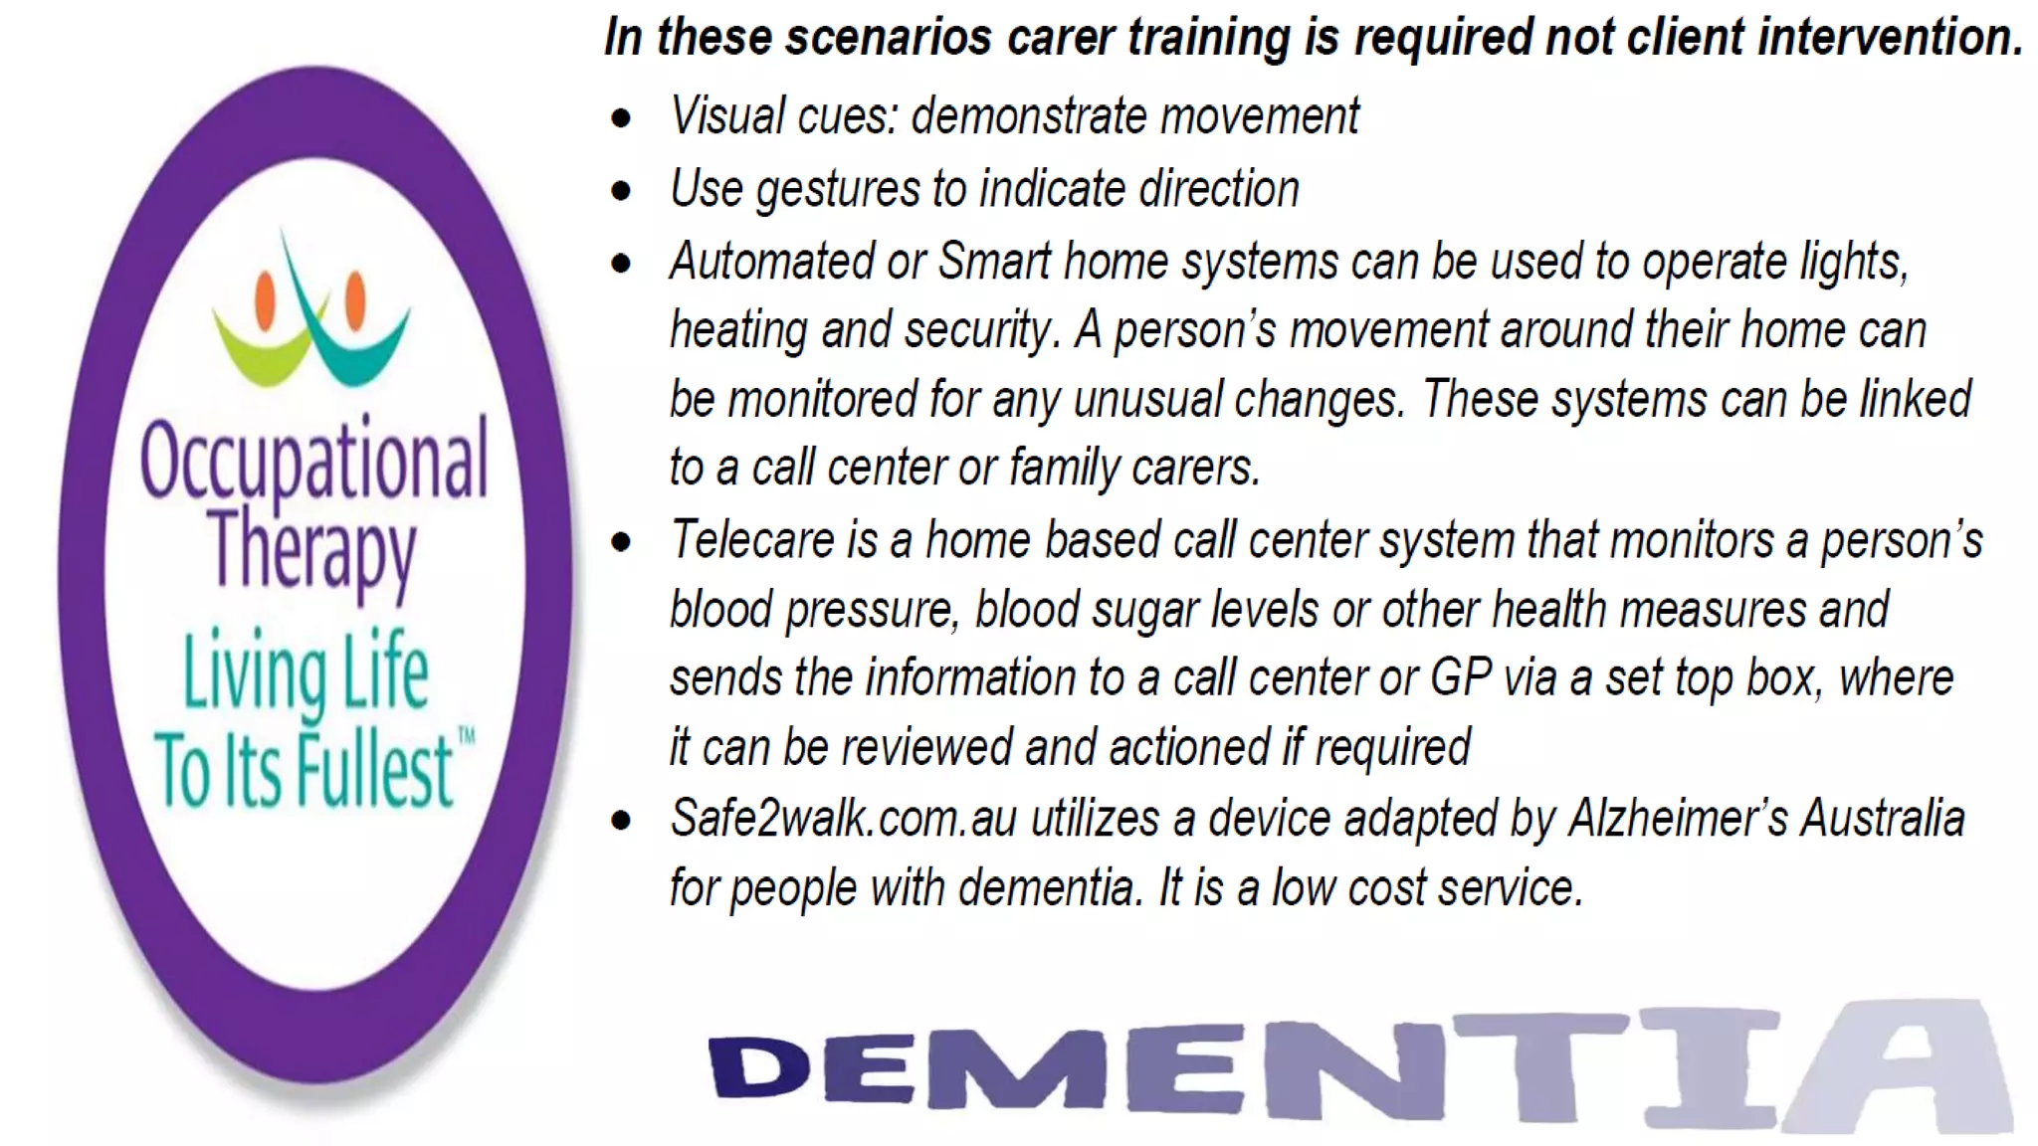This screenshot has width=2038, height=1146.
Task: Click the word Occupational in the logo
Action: [313, 460]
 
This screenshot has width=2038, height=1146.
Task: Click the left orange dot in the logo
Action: [266, 300]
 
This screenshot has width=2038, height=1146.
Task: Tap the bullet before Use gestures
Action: [622, 191]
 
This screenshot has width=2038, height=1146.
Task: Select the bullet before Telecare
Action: [622, 543]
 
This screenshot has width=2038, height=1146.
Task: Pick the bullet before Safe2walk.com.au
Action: [622, 822]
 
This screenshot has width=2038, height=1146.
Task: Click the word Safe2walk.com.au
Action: [844, 820]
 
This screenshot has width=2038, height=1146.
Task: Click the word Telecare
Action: [752, 541]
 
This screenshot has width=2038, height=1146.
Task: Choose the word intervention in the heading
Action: [1890, 38]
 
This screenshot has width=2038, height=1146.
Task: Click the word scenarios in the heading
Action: [892, 38]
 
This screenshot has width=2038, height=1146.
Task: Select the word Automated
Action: [771, 263]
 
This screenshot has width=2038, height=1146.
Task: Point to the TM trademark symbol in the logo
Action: [466, 737]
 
